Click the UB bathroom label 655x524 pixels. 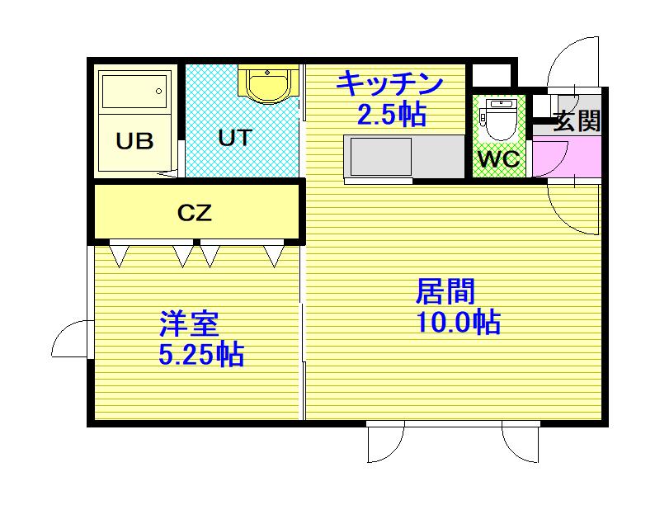pos(134,141)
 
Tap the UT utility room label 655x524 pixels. pos(234,137)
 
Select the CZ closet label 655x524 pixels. pos(196,213)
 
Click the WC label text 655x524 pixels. pos(499,159)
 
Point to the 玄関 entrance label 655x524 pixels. pos(576,121)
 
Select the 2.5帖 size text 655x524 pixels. pos(391,114)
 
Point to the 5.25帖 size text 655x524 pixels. pos(200,355)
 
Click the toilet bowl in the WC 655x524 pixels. pos(500,120)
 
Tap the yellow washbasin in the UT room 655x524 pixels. pos(266,85)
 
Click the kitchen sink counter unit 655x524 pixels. pos(404,156)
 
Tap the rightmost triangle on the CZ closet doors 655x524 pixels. pos(274,257)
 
